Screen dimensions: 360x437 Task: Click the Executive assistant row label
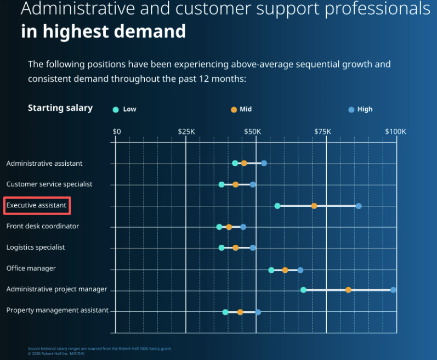click(37, 206)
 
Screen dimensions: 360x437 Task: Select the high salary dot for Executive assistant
click(359, 206)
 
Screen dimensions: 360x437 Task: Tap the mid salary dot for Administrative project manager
click(348, 290)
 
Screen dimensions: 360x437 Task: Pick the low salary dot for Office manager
click(271, 270)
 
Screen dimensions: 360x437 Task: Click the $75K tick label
click(322, 132)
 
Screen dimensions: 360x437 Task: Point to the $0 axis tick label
click(117, 132)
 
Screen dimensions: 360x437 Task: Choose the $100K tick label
click(395, 132)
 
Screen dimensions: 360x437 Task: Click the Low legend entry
click(124, 109)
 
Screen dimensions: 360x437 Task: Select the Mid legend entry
click(241, 109)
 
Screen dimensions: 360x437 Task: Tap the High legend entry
click(360, 109)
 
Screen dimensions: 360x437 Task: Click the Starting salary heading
click(60, 108)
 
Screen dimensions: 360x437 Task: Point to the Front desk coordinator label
click(43, 226)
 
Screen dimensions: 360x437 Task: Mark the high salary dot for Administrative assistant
click(264, 163)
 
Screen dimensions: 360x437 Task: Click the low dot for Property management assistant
click(225, 312)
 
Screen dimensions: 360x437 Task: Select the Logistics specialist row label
click(36, 247)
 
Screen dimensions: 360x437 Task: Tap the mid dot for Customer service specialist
click(236, 184)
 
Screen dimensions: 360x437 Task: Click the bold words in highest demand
click(104, 31)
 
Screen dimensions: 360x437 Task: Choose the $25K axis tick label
click(186, 132)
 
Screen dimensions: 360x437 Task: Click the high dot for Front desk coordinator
click(243, 227)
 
